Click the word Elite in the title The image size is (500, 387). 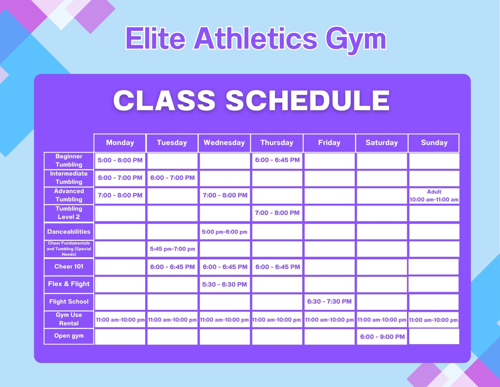156,38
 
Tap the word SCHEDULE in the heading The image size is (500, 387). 307,101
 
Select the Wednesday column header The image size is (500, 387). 224,143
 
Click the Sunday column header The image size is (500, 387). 434,143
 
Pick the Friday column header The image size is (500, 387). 329,143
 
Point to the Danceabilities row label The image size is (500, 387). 69,231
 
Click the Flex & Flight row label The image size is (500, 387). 69,284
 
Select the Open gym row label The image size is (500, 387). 69,336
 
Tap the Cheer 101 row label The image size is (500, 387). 69,267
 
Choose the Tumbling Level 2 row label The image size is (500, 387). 69,213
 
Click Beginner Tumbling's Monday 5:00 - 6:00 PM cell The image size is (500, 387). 120,161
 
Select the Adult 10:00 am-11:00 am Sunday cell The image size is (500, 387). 434,196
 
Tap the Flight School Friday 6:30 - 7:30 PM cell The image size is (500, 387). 329,302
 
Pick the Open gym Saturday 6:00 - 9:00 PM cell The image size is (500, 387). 382,337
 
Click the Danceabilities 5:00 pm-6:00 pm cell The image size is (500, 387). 225,231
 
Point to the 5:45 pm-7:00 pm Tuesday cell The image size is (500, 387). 172,249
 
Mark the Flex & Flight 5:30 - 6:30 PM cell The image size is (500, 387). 225,284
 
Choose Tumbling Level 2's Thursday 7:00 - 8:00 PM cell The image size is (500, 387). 277,213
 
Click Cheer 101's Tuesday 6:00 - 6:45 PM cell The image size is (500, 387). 172,267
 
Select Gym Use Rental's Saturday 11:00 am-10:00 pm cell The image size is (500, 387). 382,320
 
